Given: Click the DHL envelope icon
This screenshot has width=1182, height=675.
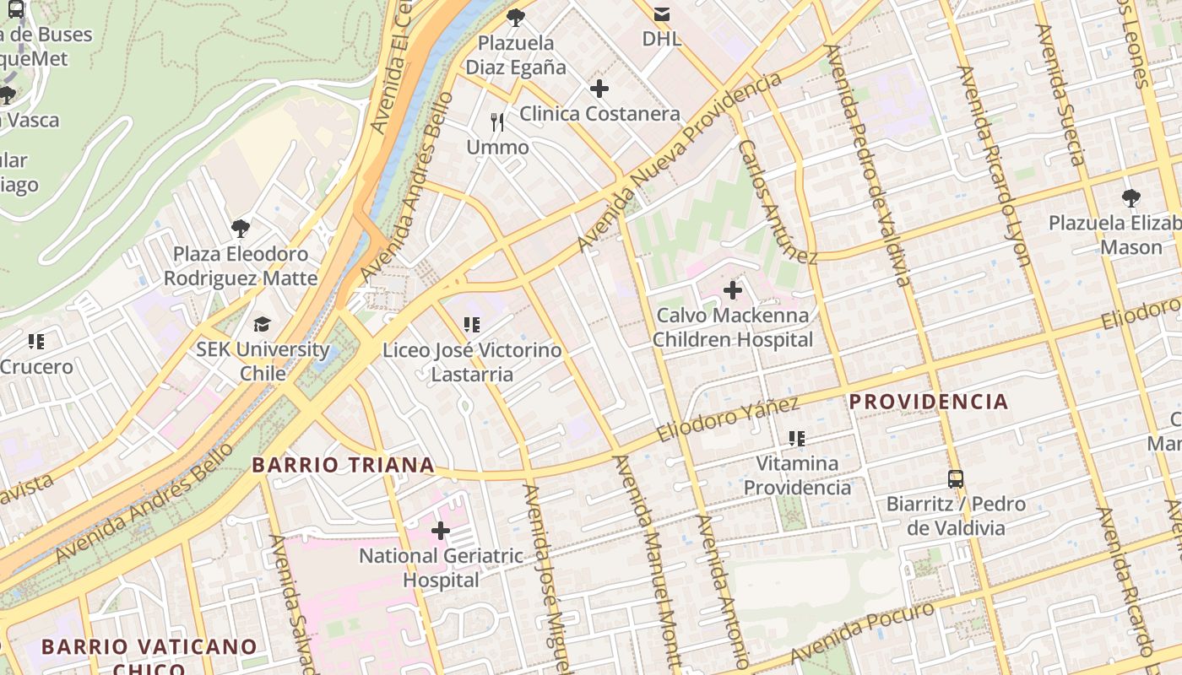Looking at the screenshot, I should coord(662,13).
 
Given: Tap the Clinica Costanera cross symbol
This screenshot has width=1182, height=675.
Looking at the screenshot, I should coord(599,89).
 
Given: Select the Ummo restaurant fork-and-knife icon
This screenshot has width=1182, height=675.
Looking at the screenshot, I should coord(497,122).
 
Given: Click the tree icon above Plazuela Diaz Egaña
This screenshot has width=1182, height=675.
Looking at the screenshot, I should coord(515,18).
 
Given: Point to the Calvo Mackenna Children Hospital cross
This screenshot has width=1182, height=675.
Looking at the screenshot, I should coord(733,291).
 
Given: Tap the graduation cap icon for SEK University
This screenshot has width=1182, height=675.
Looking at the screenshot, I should coord(263,324).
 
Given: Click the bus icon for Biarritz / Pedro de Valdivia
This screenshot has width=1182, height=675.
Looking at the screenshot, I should coord(955,479).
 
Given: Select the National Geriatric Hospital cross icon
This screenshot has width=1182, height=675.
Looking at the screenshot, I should coord(440,531).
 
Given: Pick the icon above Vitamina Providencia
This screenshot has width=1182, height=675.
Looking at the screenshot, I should coord(796,438).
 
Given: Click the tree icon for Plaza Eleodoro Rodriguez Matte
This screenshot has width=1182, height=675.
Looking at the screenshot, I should coord(241,228).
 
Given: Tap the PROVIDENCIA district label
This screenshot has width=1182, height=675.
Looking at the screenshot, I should coord(929,402).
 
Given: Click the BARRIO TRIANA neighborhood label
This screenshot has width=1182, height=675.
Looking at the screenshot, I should coord(343,465).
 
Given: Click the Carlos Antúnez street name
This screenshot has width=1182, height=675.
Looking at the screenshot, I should coord(777,202).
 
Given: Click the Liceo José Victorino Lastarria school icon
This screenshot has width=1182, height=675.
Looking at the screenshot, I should coord(471,324).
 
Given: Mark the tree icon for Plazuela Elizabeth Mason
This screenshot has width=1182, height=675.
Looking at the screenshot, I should coord(1130,198).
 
